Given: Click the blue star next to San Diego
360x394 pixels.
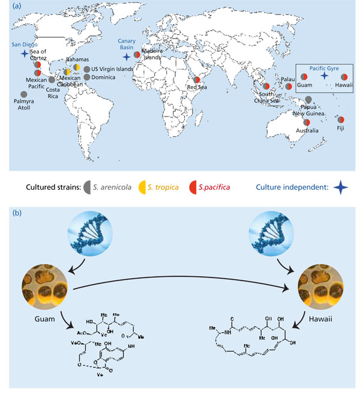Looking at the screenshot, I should [x=24, y=54].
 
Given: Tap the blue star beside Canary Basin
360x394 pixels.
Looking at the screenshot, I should [x=126, y=56].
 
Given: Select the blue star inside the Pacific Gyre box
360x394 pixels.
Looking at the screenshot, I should [x=324, y=76].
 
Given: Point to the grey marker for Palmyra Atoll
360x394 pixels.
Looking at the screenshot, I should [x=23, y=94].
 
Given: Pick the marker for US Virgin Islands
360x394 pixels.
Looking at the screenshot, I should [x=87, y=68].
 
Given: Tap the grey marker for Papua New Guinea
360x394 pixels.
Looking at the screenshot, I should [x=308, y=100].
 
